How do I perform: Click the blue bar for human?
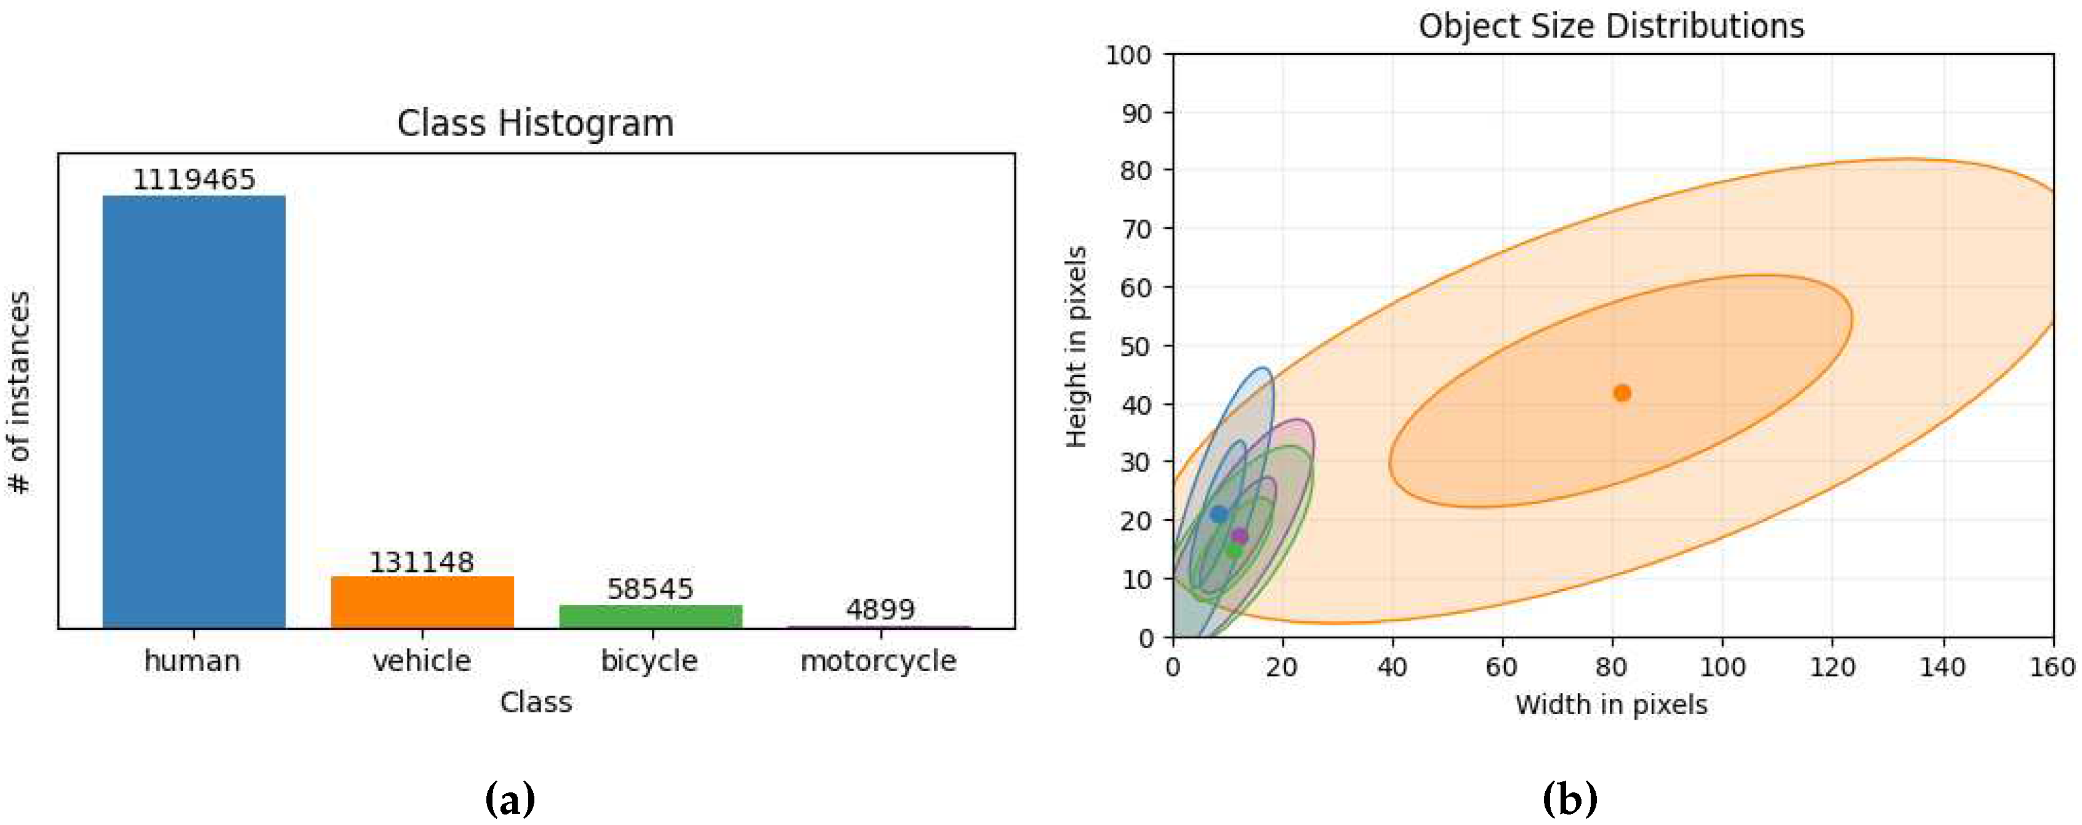coord(194,411)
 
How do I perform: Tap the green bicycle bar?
coord(651,616)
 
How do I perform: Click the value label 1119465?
coord(194,179)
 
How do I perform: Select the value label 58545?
coord(651,589)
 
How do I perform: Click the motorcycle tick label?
coord(878,661)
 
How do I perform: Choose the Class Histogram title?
coord(535,124)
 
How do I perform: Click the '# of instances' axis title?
coord(20,392)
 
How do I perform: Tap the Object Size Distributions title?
coord(1611,26)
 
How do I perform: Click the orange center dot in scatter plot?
coord(1622,393)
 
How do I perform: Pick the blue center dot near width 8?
coord(1219,514)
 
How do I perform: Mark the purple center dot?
coord(1240,536)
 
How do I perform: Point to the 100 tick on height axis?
coord(1128,55)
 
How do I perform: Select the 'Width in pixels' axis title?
coord(1611,704)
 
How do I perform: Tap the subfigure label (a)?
coord(510,799)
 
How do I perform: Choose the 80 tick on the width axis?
coord(1612,667)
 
